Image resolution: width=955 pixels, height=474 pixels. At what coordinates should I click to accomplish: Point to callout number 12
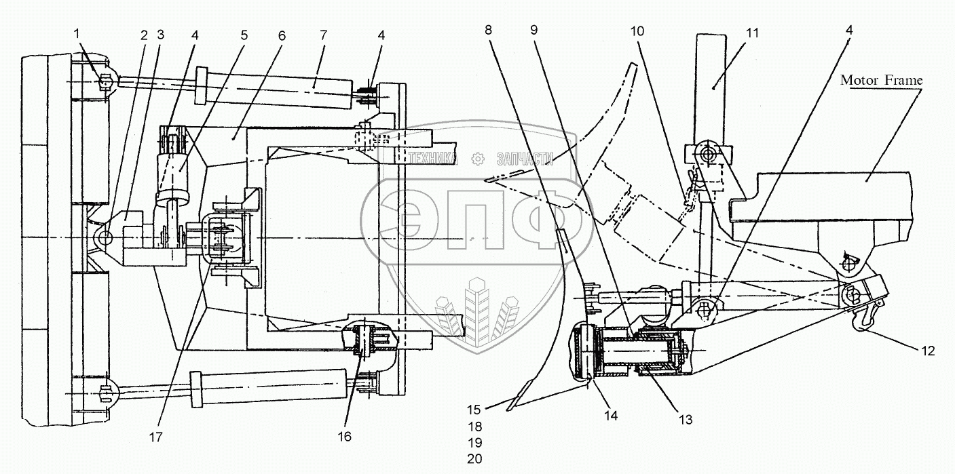[928, 351]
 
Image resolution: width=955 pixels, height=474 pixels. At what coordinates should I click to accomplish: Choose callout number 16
[345, 437]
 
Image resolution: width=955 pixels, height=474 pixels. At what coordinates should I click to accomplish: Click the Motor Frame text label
[882, 80]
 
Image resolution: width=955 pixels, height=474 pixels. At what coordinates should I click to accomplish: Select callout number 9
[534, 32]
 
